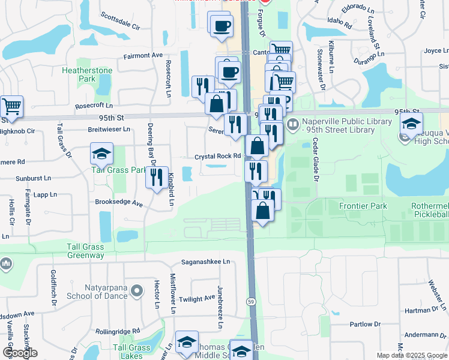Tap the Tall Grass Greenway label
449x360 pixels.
(85, 251)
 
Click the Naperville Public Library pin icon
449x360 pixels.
(293, 125)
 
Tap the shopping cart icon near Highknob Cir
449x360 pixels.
(11, 107)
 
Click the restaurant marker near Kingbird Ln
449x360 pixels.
(157, 177)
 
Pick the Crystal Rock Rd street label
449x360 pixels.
(217, 157)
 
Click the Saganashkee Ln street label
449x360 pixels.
(206, 262)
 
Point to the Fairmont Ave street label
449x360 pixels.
(143, 55)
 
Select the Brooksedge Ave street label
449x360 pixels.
(119, 203)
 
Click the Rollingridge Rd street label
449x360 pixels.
(118, 331)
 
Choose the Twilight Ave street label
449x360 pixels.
(197, 298)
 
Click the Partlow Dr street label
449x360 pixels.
(362, 325)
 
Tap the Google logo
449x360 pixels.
(20, 352)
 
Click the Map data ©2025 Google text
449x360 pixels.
(411, 355)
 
